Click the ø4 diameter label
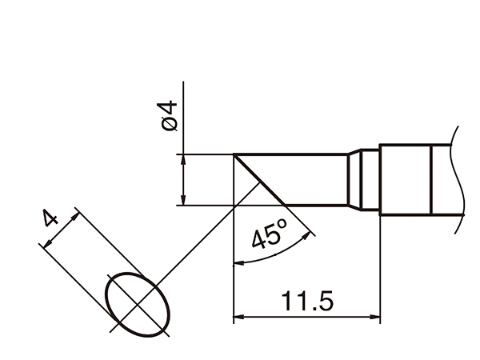167,116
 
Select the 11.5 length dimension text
307,301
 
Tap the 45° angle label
270,234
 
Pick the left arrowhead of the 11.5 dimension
238,317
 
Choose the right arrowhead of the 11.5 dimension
375,317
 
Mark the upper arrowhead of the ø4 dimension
183,160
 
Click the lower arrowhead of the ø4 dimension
183,200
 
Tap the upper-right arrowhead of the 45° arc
306,236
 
